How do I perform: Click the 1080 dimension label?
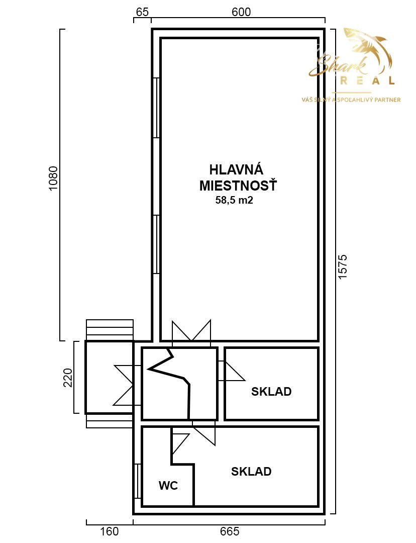click(x=53, y=178)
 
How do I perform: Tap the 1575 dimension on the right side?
click(x=342, y=267)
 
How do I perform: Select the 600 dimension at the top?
click(x=241, y=12)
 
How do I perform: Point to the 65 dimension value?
click(x=142, y=12)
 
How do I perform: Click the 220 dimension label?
click(x=68, y=378)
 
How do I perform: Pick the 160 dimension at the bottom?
click(x=110, y=531)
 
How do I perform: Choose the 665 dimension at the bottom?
click(x=230, y=531)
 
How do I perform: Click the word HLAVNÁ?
click(x=236, y=170)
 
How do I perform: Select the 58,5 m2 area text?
click(x=234, y=200)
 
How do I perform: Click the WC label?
click(x=168, y=486)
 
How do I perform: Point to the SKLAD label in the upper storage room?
click(x=271, y=392)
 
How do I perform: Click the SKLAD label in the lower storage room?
click(x=251, y=471)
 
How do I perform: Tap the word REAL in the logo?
click(x=368, y=80)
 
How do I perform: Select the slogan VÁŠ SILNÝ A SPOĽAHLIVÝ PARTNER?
click(x=351, y=100)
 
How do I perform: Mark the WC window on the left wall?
click(x=138, y=481)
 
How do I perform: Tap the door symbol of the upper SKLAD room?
click(x=232, y=371)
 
